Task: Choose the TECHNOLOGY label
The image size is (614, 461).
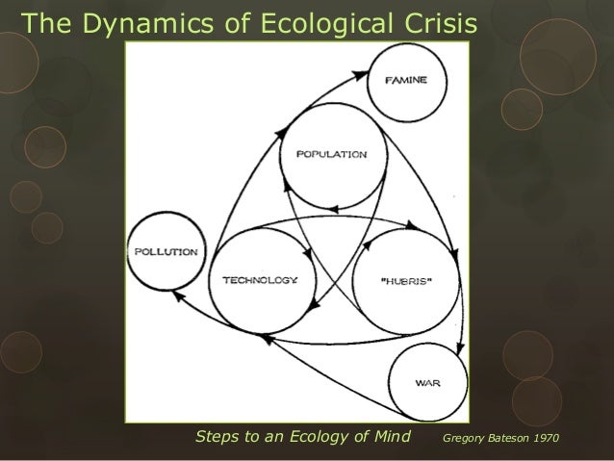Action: point(262,280)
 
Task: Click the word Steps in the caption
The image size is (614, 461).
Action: point(218,438)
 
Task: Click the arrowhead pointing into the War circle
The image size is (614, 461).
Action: point(461,349)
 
